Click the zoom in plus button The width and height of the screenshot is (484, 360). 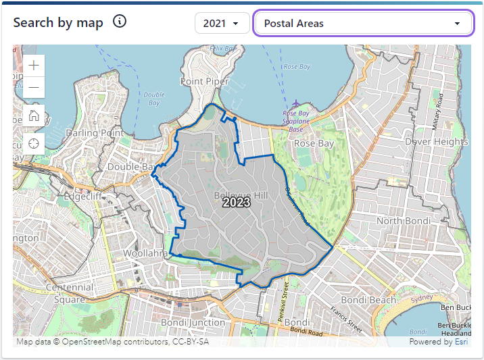[34, 66]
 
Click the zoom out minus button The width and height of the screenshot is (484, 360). [34, 87]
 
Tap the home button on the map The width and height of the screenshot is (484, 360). [34, 115]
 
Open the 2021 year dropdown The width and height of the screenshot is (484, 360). [221, 24]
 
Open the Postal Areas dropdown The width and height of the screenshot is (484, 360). [362, 24]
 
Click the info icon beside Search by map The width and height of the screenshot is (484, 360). [120, 22]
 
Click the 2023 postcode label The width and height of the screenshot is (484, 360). [237, 202]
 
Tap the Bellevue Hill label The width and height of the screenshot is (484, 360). [241, 195]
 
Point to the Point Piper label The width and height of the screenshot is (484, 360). [205, 81]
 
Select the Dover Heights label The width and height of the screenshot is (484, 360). [436, 142]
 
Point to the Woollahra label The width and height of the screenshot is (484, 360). [145, 254]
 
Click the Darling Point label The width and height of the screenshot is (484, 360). [95, 133]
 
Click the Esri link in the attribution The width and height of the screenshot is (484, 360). [462, 342]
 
